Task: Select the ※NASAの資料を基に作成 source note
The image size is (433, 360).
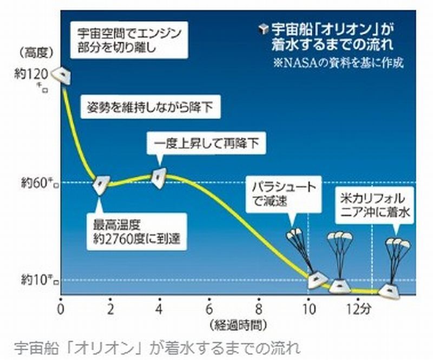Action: point(338,62)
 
